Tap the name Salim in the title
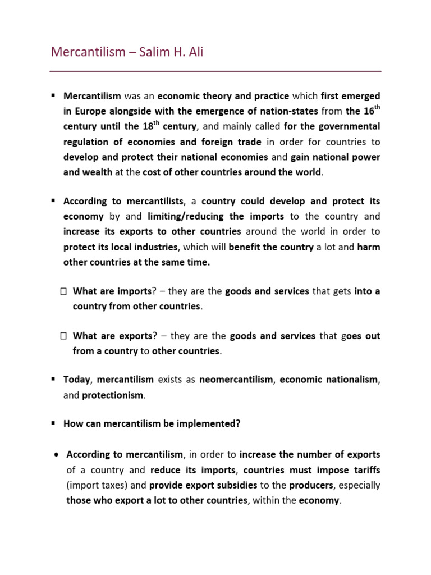[153, 52]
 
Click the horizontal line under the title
[215, 71]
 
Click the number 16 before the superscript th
[368, 111]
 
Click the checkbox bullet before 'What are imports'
[63, 291]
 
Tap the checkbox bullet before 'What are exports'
[63, 336]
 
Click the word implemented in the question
[209, 424]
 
